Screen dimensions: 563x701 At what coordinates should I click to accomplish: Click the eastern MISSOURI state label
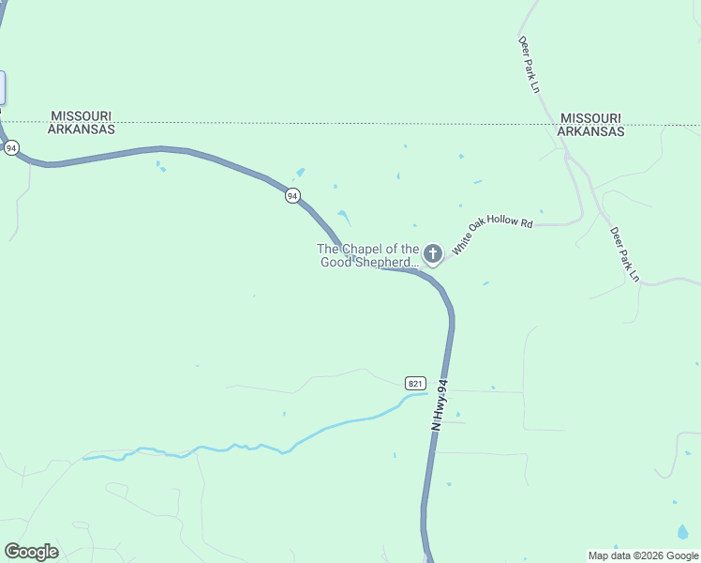(x=590, y=118)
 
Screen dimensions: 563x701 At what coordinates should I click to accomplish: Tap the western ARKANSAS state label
(x=82, y=129)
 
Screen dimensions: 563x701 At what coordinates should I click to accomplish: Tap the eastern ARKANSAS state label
(x=590, y=131)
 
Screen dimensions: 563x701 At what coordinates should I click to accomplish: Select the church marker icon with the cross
(x=432, y=253)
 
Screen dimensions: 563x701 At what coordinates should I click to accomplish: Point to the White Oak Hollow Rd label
(x=492, y=236)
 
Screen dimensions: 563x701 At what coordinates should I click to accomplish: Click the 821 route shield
(x=416, y=383)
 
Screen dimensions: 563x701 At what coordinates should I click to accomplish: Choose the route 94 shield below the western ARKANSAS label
(x=11, y=148)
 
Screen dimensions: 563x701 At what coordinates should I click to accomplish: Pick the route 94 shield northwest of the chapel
(x=293, y=196)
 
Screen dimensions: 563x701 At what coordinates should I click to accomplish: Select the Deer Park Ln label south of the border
(x=623, y=254)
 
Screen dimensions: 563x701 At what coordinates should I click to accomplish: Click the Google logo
(x=31, y=552)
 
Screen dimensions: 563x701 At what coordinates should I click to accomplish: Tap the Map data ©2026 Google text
(x=643, y=555)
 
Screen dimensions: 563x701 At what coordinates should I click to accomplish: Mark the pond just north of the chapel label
(x=345, y=218)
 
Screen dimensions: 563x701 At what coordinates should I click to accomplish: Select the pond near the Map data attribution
(x=682, y=532)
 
